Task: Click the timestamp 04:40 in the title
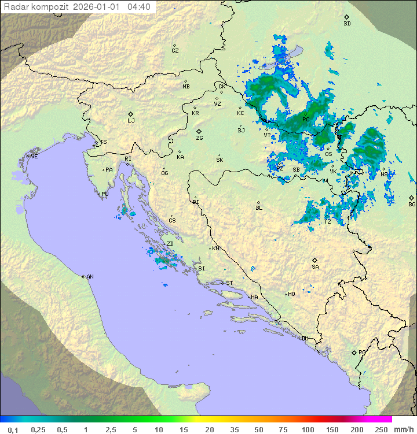point(139,7)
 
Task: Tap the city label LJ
point(131,121)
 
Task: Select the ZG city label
point(199,138)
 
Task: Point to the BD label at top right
point(347,24)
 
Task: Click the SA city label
point(315,267)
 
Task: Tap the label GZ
point(175,51)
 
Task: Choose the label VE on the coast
point(34,157)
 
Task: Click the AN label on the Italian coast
point(90,277)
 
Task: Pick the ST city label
point(229,283)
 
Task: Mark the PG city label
point(362,352)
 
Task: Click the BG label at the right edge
point(412,204)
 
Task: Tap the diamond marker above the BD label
point(346,17)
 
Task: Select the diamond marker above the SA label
point(315,260)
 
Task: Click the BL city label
point(259,208)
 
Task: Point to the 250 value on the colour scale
point(381,429)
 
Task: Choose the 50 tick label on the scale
point(259,429)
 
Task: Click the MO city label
point(291,294)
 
